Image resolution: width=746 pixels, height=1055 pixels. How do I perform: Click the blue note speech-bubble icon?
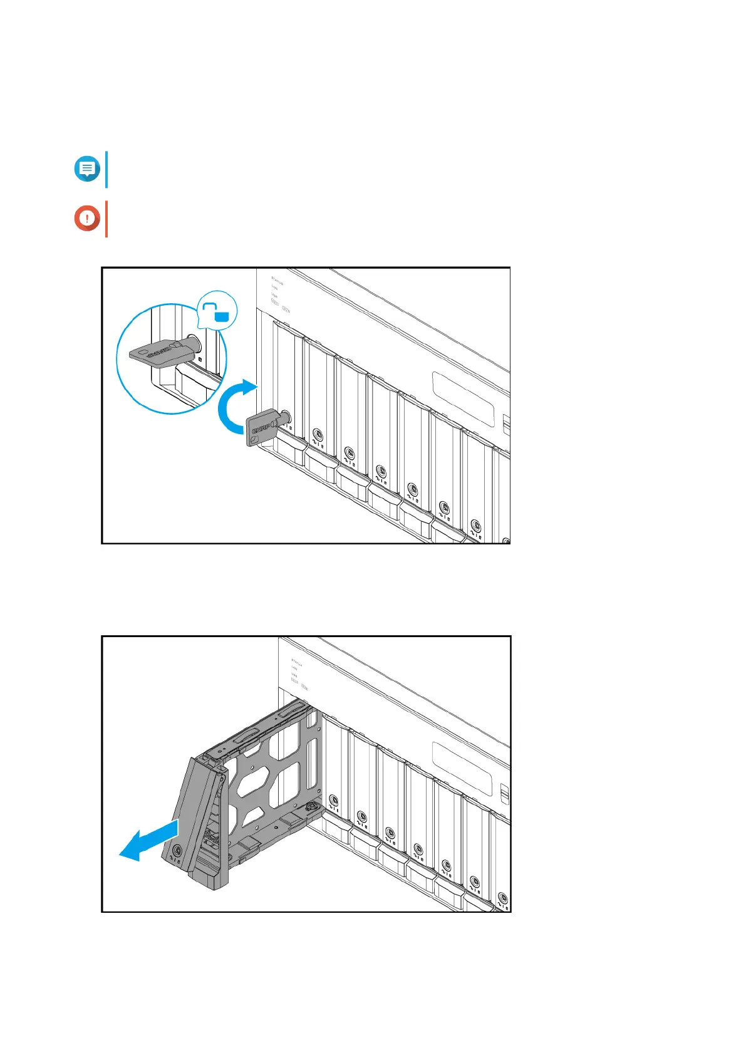pyautogui.click(x=87, y=169)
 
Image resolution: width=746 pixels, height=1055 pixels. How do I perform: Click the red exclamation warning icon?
pyautogui.click(x=87, y=219)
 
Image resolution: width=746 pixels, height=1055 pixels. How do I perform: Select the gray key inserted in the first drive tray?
pyautogui.click(x=263, y=428)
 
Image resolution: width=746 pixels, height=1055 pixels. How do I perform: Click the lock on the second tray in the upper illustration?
pyautogui.click(x=318, y=434)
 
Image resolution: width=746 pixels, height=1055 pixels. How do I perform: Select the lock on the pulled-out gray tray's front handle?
pyautogui.click(x=177, y=851)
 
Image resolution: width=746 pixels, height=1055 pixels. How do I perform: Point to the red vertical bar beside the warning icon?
pyautogui.click(x=106, y=219)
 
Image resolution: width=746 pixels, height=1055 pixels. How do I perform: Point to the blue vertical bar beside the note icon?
pyautogui.click(x=106, y=169)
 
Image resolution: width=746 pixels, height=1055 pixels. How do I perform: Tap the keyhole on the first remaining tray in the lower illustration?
pyautogui.click(x=333, y=800)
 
